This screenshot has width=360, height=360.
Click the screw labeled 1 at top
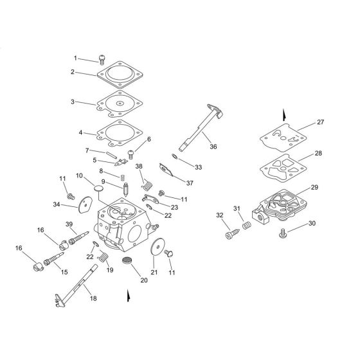click(x=102, y=60)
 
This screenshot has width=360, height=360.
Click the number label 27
click(x=320, y=122)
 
